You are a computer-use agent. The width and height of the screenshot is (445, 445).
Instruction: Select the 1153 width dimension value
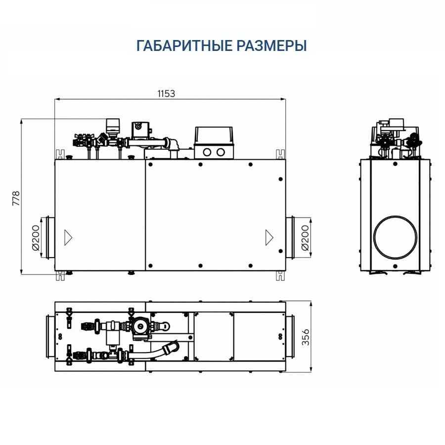tap(166, 93)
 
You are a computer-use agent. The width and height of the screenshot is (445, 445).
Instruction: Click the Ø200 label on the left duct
tap(35, 237)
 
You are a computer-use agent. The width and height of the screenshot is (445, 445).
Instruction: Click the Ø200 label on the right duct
tap(304, 237)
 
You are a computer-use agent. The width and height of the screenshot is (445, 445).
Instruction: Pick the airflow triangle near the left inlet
tap(68, 237)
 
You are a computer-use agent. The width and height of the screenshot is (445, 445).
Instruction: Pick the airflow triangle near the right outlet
tap(269, 237)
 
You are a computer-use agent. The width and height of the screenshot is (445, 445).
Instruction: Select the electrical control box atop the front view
tap(214, 142)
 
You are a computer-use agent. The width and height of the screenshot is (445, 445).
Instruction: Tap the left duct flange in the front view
tap(49, 237)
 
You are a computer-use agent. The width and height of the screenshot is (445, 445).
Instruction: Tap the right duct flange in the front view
tap(290, 237)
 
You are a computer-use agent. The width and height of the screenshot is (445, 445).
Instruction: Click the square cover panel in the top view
tap(212, 337)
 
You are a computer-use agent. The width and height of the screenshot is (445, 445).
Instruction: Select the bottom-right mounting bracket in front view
tap(280, 275)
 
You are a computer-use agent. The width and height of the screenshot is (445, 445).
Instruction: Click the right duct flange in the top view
tap(290, 337)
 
